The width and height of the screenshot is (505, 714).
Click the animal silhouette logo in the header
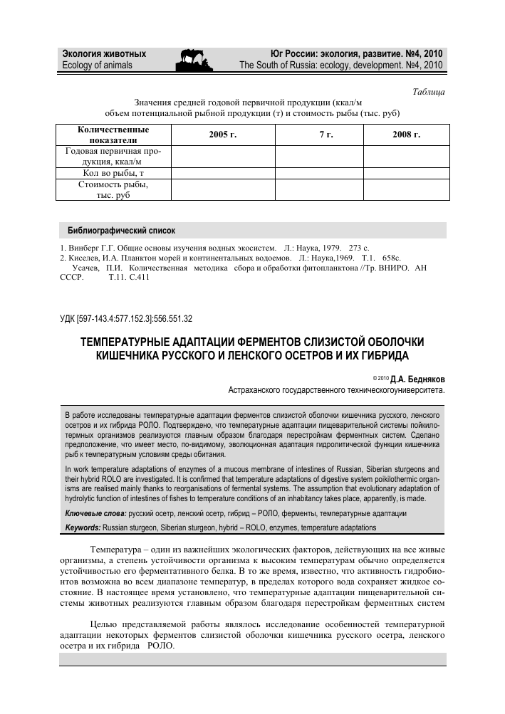(194, 58)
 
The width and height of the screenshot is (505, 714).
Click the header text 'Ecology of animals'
(98, 65)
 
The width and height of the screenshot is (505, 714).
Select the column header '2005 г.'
(222, 135)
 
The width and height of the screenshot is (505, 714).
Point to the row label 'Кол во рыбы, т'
(113, 173)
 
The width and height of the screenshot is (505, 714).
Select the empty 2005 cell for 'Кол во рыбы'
(222, 173)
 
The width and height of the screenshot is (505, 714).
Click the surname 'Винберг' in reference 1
(83, 248)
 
